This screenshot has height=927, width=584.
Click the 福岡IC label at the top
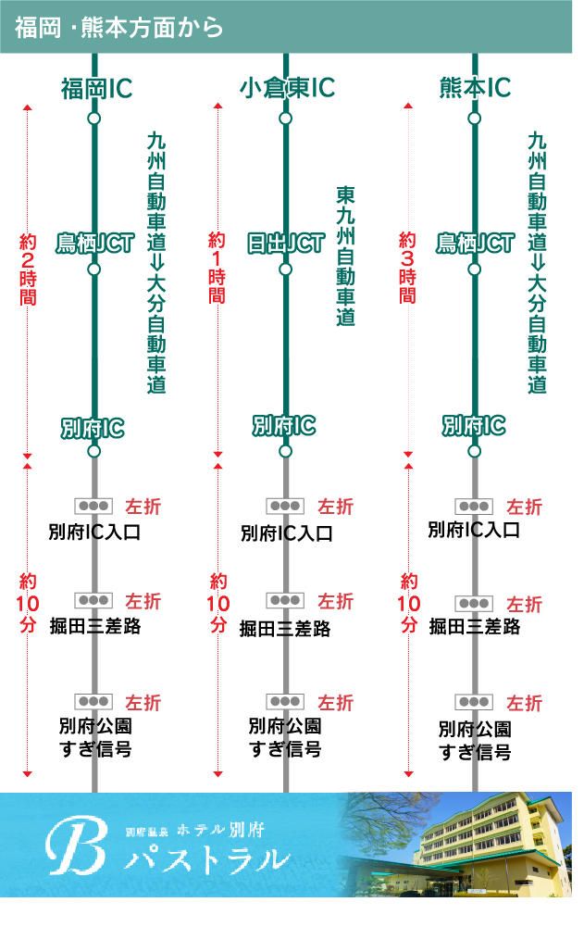tap(96, 88)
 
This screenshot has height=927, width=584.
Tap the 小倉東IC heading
tap(286, 88)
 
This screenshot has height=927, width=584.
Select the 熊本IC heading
tap(475, 88)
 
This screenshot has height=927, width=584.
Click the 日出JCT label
tap(286, 244)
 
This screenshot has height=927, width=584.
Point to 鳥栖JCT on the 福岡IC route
tap(93, 244)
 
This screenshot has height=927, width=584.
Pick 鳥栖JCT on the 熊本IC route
tap(475, 244)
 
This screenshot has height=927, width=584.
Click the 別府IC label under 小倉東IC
tap(285, 426)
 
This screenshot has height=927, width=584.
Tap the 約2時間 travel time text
tap(28, 269)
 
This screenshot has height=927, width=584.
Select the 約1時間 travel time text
tap(217, 268)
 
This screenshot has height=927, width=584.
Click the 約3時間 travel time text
tap(408, 268)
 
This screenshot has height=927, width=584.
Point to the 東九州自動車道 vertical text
tap(346, 256)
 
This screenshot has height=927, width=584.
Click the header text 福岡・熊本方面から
tap(119, 28)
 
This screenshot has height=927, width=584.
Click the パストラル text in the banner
tap(207, 858)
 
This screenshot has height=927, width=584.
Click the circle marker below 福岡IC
tap(93, 119)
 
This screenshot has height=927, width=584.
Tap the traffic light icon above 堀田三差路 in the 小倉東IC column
tap(285, 600)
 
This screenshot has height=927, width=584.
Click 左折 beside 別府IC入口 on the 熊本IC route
tap(524, 507)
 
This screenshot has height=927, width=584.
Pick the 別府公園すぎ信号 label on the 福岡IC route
tap(95, 737)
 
